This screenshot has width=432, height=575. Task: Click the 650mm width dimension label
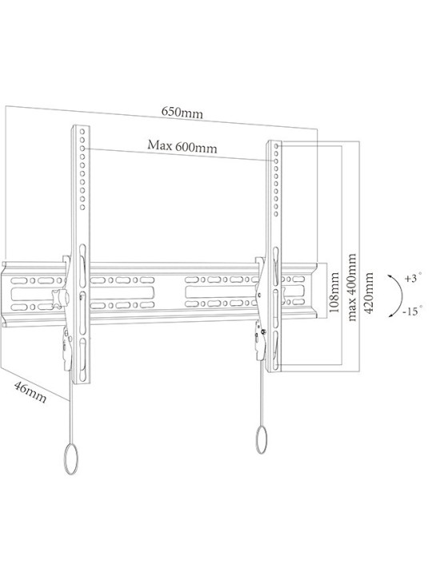point(182,113)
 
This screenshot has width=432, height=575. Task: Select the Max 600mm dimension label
point(182,146)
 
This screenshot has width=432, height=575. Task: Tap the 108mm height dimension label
point(334,292)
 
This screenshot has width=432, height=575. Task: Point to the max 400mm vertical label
point(352,287)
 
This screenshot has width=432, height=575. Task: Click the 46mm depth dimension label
point(30,391)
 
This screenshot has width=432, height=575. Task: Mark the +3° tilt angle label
point(413,278)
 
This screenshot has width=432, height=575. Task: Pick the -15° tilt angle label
point(412,311)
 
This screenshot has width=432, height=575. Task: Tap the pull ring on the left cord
point(71,460)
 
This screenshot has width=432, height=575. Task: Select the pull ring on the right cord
point(261,440)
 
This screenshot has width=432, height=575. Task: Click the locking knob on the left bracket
point(60,298)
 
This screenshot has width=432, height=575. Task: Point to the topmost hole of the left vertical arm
point(82,131)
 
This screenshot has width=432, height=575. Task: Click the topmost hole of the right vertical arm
point(276,146)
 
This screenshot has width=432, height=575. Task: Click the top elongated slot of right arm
point(276,266)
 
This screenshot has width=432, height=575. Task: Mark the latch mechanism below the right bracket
point(260,340)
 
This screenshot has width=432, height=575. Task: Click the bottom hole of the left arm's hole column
point(82,207)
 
